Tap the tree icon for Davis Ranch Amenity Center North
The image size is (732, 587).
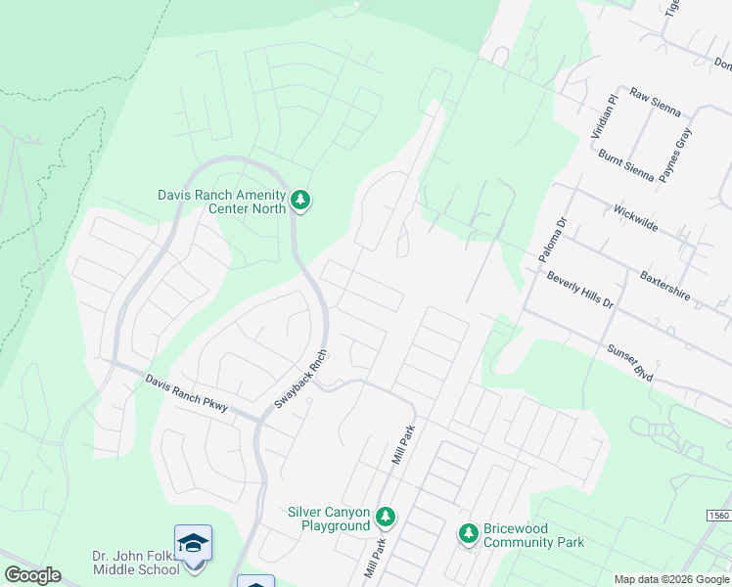[x=301, y=202]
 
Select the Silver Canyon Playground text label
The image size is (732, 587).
[x=329, y=519]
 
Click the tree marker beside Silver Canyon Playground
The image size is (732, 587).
[x=386, y=517]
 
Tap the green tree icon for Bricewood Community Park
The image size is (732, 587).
[x=469, y=533]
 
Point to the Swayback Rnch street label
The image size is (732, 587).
[x=299, y=380]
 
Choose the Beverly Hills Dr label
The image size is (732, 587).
[x=579, y=290]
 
